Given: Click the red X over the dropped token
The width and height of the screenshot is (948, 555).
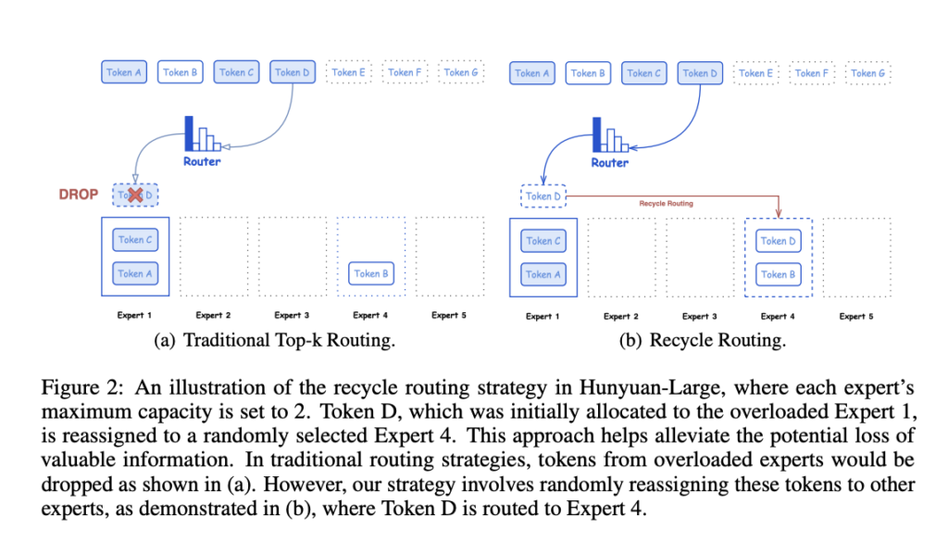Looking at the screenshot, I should click(x=136, y=196).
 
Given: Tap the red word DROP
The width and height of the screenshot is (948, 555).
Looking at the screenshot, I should click(x=79, y=196).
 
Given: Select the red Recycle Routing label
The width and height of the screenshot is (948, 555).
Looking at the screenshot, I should click(x=666, y=202).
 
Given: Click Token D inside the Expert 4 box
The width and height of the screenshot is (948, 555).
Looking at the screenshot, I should click(x=778, y=241).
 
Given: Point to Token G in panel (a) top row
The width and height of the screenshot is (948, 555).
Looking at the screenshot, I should click(x=461, y=72).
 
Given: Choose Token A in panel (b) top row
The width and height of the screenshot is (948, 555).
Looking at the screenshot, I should click(x=532, y=72).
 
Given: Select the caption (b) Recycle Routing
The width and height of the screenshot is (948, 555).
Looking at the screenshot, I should click(x=703, y=340).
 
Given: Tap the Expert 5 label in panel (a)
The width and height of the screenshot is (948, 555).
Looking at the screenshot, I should click(x=449, y=316).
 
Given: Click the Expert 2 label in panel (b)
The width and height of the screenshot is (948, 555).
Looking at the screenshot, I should click(x=620, y=316).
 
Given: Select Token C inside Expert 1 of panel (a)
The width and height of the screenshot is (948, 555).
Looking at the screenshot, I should click(x=135, y=240).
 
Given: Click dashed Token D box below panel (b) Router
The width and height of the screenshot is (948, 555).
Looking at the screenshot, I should click(x=543, y=196).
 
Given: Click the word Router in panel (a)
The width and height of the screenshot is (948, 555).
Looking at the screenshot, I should click(x=202, y=161).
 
